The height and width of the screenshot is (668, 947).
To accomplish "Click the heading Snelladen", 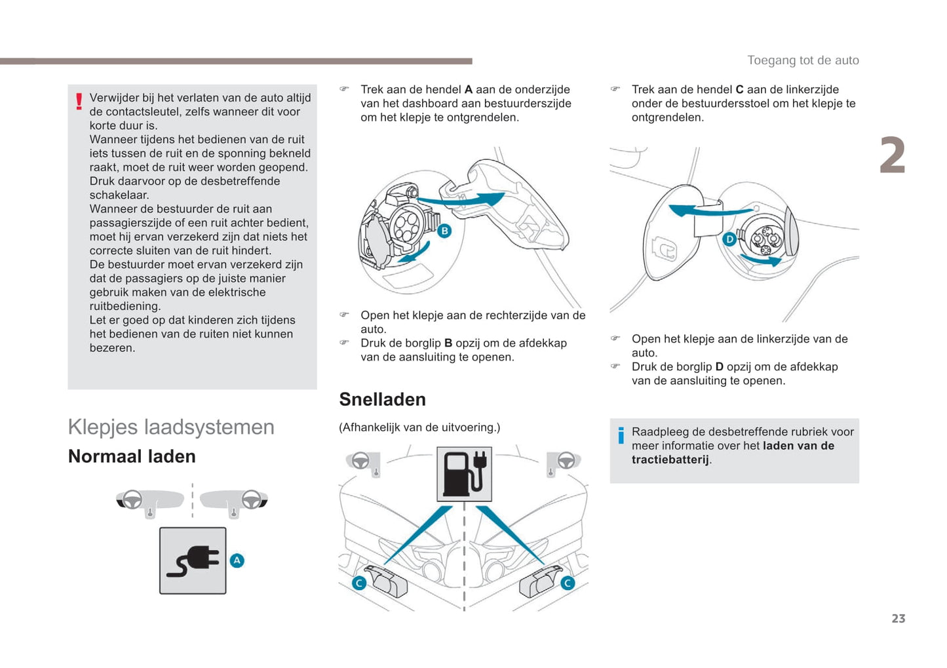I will (x=382, y=399).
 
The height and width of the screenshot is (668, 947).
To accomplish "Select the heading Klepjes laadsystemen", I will (x=171, y=427).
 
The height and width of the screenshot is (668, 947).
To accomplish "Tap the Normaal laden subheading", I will (x=132, y=456).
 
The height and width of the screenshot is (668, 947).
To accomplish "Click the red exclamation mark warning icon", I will (x=79, y=102).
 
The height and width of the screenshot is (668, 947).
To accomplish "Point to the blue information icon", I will (x=621, y=435).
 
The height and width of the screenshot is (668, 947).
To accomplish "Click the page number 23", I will (x=898, y=618).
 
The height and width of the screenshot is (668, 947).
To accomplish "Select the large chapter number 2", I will (x=892, y=156).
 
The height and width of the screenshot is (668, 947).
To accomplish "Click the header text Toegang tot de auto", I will (x=803, y=60).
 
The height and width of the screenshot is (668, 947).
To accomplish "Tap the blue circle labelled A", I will (x=237, y=560).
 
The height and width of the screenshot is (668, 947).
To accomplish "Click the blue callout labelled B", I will (x=444, y=231).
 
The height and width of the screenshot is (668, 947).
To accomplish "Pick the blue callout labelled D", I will (x=729, y=240).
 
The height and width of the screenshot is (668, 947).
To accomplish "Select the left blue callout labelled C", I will (x=359, y=583).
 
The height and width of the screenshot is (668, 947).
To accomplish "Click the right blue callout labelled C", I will (x=568, y=583).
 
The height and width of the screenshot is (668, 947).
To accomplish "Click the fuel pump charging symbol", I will (x=464, y=474).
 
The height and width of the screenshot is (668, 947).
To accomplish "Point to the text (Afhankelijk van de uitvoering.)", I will (x=419, y=427).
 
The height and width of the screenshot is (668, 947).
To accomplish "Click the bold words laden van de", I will (x=798, y=446).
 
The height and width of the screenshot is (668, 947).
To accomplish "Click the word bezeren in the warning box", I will (x=111, y=348).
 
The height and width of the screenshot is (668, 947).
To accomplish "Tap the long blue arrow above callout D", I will (x=708, y=210).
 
